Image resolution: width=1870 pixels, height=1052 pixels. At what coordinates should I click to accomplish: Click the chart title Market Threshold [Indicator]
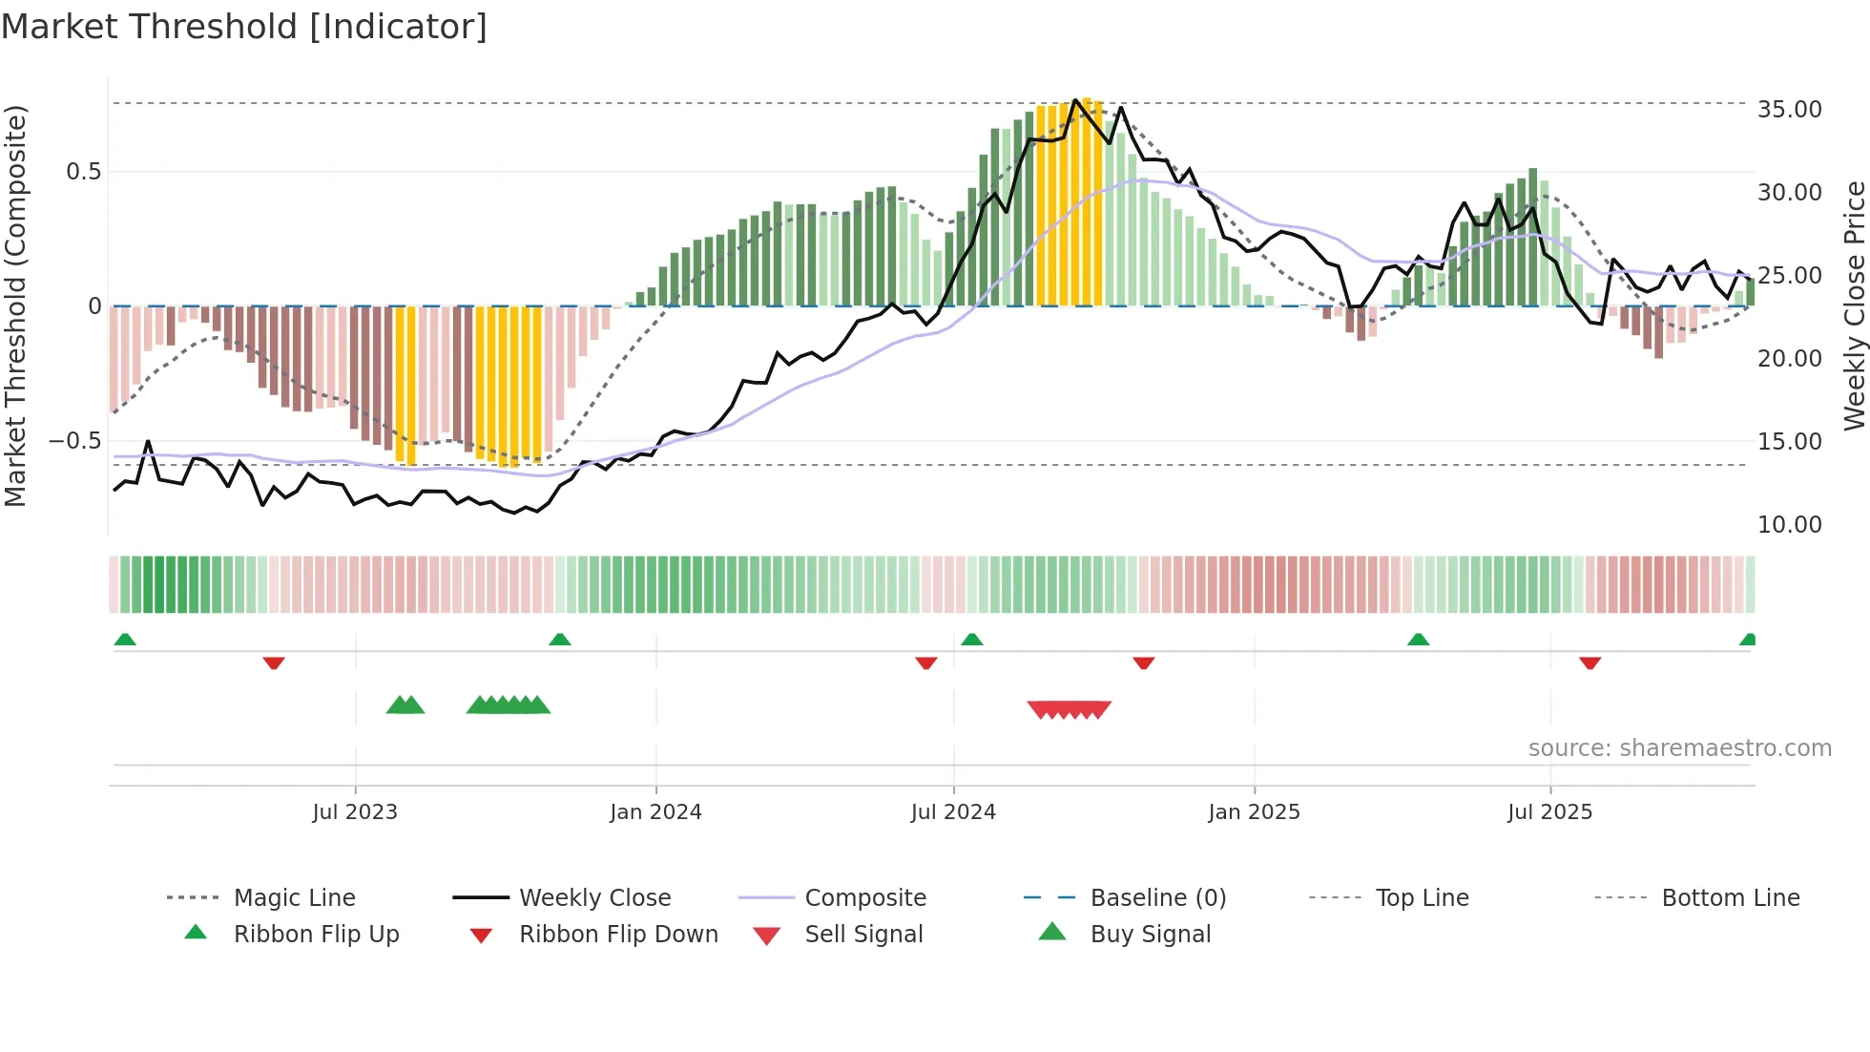[x=244, y=27]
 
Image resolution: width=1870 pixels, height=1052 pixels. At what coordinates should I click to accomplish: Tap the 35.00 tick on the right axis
[x=1789, y=110]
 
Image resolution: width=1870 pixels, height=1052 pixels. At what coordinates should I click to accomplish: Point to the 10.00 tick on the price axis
[x=1789, y=525]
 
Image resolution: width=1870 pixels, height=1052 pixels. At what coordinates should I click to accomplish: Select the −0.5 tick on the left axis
[x=74, y=441]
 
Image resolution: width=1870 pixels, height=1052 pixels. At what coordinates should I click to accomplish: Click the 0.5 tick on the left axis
[x=83, y=172]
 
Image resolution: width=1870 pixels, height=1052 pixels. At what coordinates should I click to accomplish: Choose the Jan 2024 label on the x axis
[x=655, y=812]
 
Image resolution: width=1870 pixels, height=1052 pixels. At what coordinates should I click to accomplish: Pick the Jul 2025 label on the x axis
[x=1549, y=812]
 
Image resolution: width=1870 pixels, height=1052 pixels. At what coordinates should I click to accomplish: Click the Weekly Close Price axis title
[x=1854, y=305]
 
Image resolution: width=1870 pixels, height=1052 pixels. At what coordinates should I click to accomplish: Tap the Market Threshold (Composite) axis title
[x=15, y=305]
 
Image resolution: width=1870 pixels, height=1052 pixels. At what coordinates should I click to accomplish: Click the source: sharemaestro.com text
[x=1679, y=748]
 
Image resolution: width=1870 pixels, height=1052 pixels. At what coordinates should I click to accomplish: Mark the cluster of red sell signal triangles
[x=1069, y=709]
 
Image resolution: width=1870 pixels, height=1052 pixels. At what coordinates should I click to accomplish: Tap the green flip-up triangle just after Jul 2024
[x=971, y=640]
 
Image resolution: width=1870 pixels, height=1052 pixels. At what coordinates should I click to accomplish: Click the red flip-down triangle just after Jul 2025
[x=1589, y=663]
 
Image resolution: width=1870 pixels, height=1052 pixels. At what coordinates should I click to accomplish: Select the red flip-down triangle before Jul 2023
[x=274, y=663]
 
